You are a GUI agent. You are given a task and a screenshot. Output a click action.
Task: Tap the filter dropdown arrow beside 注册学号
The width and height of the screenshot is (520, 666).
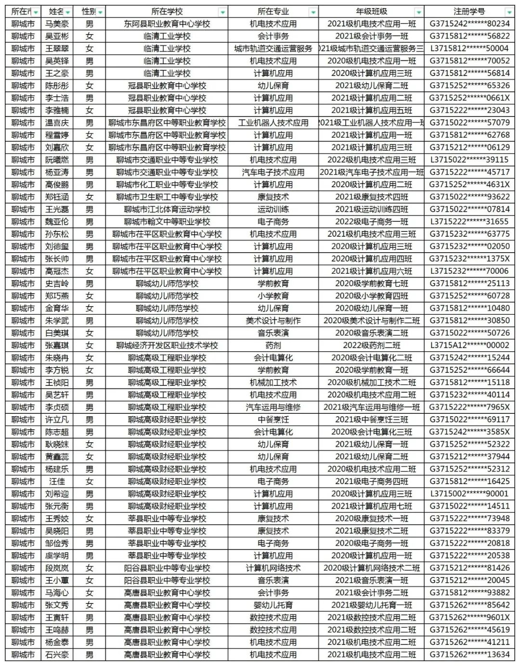point(509,12)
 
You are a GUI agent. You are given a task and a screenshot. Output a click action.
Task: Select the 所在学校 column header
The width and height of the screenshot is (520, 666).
point(167,12)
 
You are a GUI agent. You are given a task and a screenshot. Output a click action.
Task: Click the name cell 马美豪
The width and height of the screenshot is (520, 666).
point(57,24)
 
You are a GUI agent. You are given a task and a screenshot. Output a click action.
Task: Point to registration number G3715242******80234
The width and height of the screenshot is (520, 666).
point(469,24)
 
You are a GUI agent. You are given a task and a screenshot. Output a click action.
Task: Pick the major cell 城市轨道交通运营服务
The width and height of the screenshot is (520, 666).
point(273,49)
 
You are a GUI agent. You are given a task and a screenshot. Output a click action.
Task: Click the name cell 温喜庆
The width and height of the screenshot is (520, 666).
point(57,123)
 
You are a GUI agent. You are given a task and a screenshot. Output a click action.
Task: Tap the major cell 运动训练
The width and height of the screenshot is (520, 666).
point(273,209)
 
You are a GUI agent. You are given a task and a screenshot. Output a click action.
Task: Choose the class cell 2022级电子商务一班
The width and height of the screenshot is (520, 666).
point(371,222)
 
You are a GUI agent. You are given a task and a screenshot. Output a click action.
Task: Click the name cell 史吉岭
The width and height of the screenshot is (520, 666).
point(57,283)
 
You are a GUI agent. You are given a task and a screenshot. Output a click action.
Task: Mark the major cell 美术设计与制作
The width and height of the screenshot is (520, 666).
point(273,320)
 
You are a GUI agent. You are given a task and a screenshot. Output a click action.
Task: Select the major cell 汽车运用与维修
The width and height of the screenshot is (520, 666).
point(273,407)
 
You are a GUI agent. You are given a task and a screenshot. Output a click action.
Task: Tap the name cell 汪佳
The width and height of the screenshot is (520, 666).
point(57,481)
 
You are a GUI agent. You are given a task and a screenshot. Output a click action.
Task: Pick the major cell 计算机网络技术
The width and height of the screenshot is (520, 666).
point(273,568)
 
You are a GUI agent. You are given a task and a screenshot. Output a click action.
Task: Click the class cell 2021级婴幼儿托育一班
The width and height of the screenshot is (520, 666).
point(371,605)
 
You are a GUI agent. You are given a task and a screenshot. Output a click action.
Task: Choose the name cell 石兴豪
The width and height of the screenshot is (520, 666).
point(57,654)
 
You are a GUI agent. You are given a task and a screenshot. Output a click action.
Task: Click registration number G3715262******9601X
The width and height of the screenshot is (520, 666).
point(469,617)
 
